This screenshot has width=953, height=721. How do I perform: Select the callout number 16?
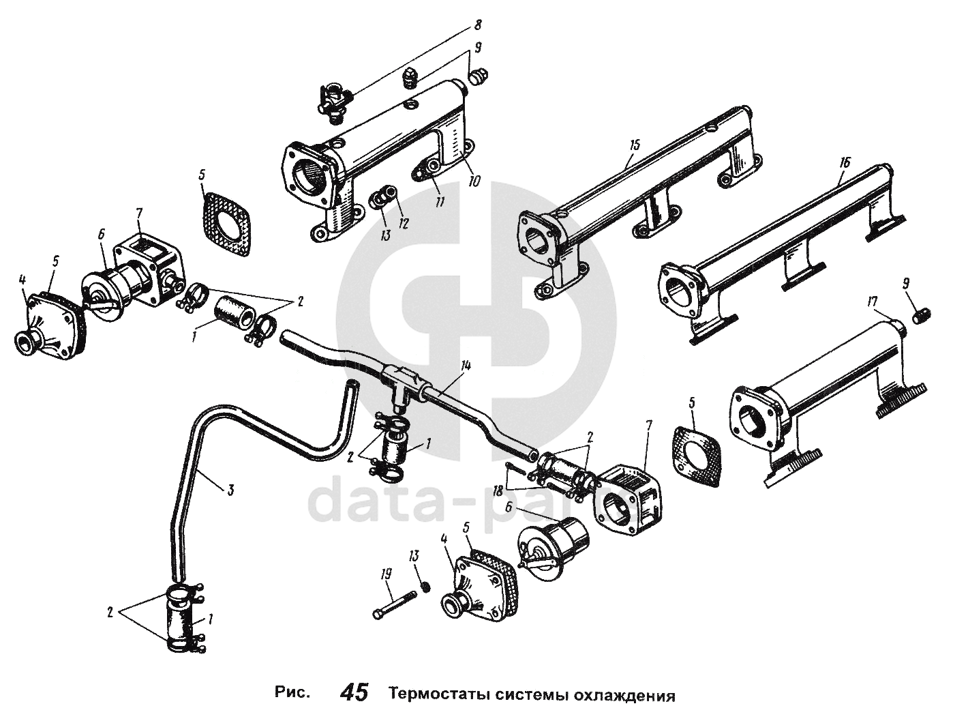coord(845,163)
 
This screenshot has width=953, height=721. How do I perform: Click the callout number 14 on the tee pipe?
coord(466,366)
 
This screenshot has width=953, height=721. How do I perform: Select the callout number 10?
coord(474,181)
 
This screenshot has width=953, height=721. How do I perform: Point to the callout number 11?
coord(440,202)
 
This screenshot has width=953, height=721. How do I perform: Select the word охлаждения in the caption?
coord(625,695)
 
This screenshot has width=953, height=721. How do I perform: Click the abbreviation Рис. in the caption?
coord(292,694)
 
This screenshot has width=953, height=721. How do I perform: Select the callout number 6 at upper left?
coord(100,234)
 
